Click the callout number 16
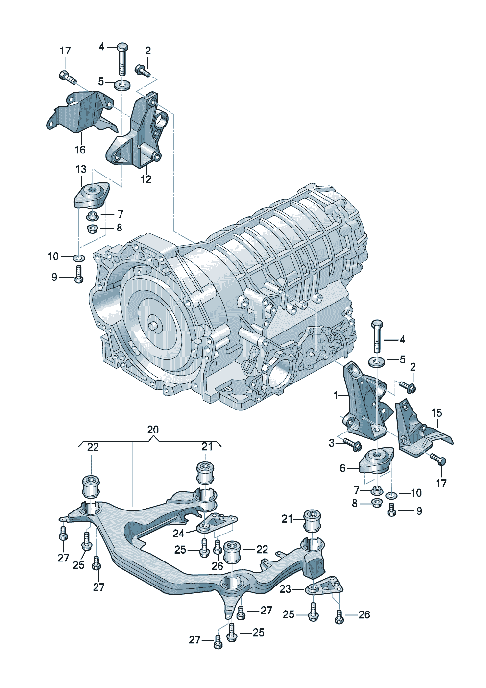(x=80, y=150)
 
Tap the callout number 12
(x=146, y=179)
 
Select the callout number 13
(x=81, y=169)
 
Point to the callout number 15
(x=437, y=413)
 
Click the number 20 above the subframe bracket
(x=153, y=430)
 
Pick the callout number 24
(x=178, y=533)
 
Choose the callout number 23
(x=285, y=589)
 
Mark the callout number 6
(x=343, y=468)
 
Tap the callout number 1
(x=336, y=395)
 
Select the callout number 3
(x=332, y=443)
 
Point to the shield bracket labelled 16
(x=81, y=114)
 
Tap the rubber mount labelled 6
(x=377, y=461)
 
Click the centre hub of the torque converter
(x=153, y=325)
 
